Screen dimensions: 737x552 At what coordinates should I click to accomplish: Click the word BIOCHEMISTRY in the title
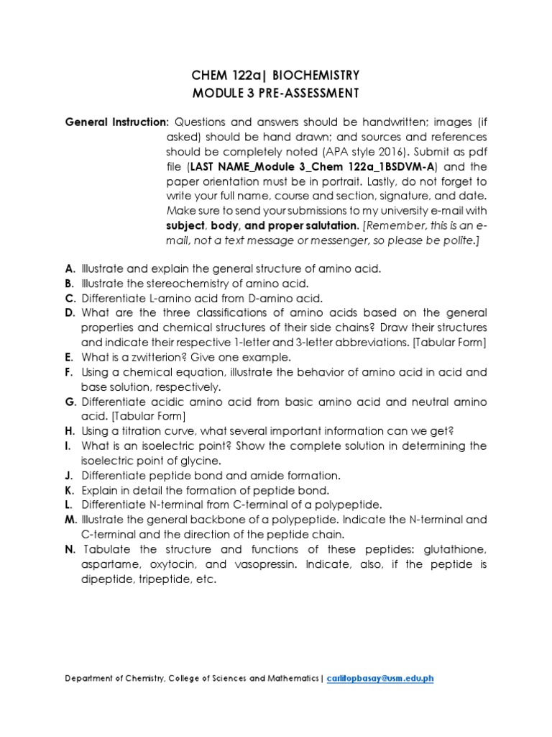pyautogui.click(x=316, y=76)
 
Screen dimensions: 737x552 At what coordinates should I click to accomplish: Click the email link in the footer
pyautogui.click(x=380, y=678)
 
